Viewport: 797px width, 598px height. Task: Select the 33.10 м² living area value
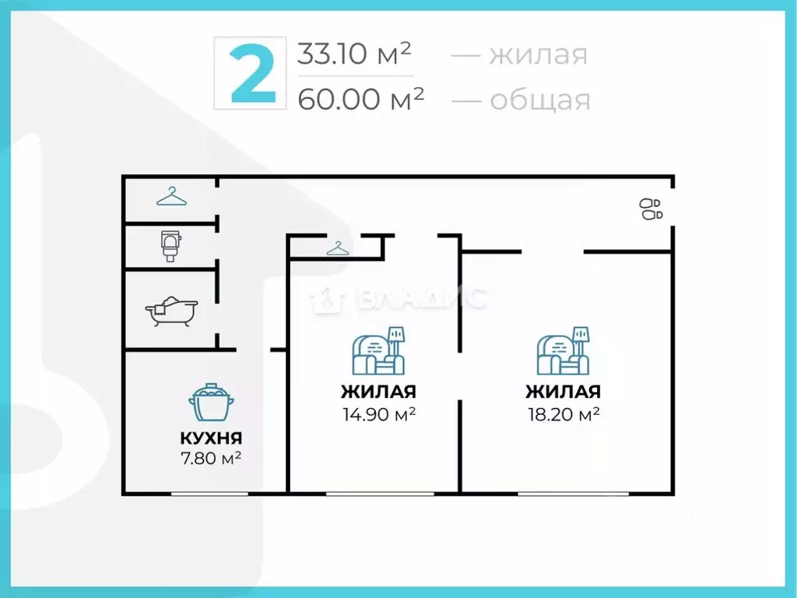point(354,55)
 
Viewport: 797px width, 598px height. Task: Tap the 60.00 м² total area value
point(360,99)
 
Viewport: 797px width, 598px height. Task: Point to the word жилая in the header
point(538,55)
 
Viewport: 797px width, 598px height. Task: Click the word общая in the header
point(540,100)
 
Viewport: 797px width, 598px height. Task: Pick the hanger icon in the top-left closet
point(171,198)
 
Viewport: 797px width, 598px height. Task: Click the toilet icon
point(170,245)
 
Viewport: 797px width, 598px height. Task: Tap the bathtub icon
point(171,310)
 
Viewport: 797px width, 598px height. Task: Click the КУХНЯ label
point(211,438)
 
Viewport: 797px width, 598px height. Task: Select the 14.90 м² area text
point(378,413)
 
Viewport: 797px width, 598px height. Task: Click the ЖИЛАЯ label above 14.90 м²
point(378,392)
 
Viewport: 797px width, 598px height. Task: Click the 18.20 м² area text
point(563,413)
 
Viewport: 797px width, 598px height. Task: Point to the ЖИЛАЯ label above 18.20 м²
point(563,392)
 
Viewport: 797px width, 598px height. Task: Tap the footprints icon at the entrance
point(651,209)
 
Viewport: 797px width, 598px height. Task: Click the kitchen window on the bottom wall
point(210,493)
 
